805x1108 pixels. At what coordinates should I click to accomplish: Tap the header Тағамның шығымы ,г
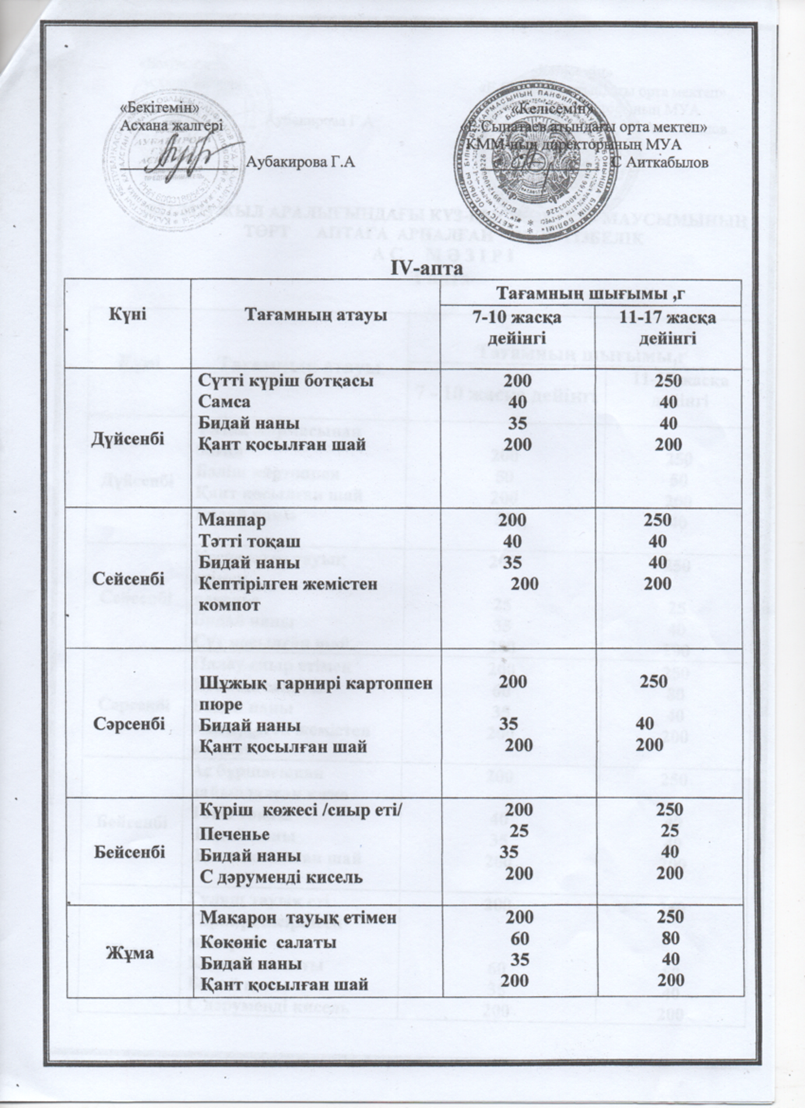[x=590, y=293]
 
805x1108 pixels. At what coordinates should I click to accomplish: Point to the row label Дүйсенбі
[x=129, y=438]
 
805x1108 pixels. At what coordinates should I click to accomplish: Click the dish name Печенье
[x=234, y=835]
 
